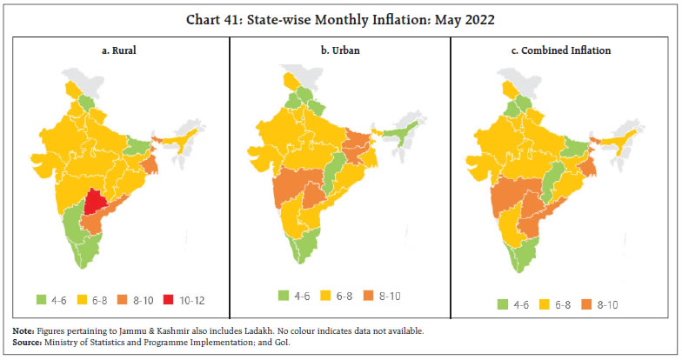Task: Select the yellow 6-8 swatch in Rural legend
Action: click(80, 299)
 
